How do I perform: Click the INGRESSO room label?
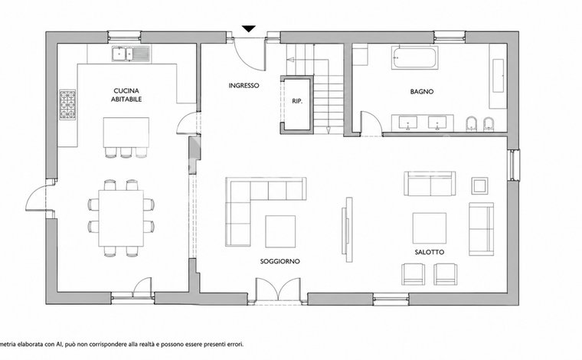click(244, 85)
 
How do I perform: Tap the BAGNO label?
click(422, 91)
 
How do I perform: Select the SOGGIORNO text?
click(280, 261)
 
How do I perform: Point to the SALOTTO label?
click(430, 252)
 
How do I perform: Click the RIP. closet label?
click(297, 101)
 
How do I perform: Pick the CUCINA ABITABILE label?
click(126, 95)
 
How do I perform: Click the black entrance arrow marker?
click(249, 28)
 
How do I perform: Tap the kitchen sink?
click(131, 54)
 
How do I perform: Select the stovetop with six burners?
click(67, 105)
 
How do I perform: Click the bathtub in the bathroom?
click(414, 57)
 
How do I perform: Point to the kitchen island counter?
click(126, 133)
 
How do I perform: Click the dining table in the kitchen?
click(121, 218)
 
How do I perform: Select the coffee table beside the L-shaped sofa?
click(280, 231)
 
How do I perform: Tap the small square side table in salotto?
click(479, 185)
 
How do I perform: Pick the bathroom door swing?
click(371, 121)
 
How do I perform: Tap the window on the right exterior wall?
click(515, 165)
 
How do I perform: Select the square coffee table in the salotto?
click(430, 228)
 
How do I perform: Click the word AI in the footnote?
click(59, 345)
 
